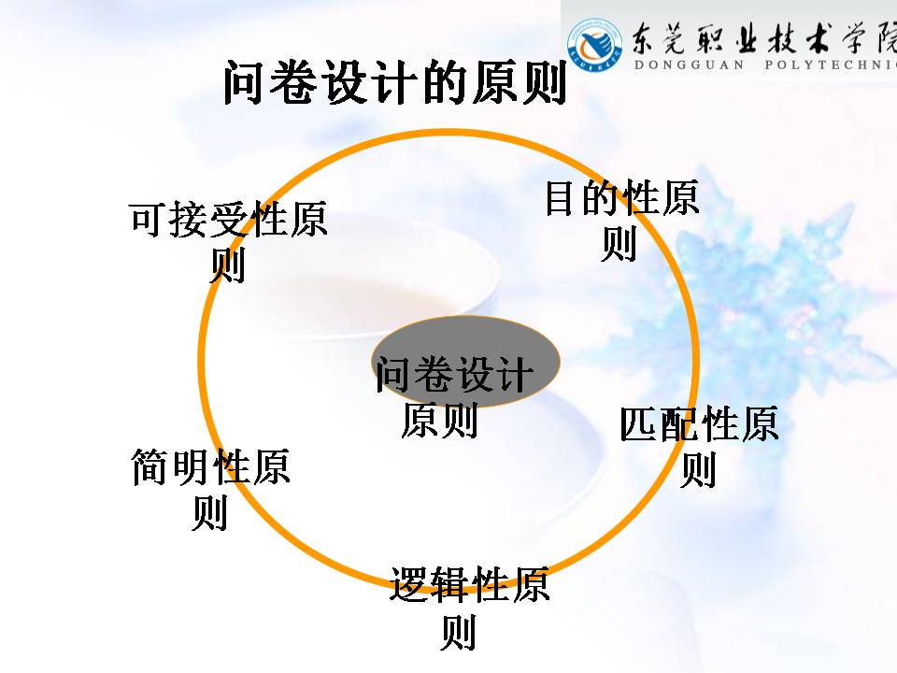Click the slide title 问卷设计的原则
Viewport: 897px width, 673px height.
pos(394,84)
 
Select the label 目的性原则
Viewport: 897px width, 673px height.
pos(620,221)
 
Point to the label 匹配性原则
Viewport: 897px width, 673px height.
pos(699,445)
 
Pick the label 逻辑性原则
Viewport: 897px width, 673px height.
pos(468,607)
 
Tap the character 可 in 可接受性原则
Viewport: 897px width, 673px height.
pos(149,221)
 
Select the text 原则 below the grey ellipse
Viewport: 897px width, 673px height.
pos(439,420)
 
